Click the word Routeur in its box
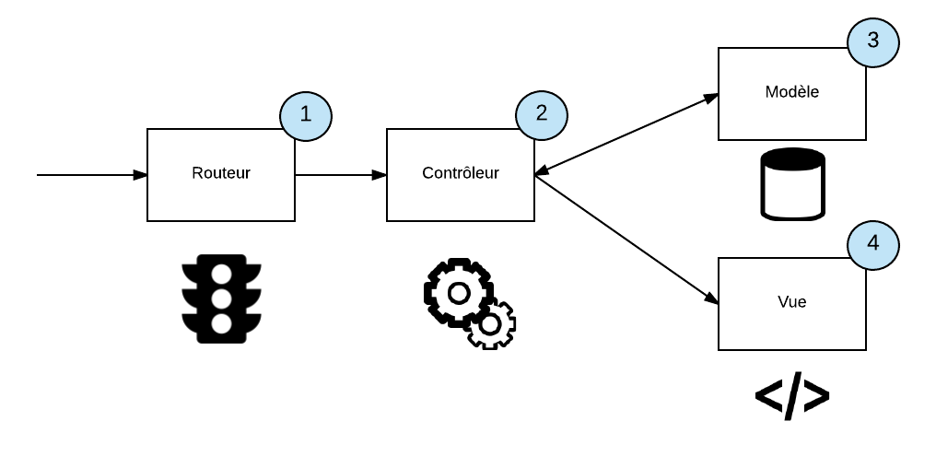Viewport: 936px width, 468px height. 221,173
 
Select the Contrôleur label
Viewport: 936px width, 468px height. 460,173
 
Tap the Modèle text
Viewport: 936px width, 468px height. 791,92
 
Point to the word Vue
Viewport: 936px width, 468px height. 791,301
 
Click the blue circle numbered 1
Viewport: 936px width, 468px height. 305,115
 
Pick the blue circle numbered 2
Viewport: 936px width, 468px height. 542,112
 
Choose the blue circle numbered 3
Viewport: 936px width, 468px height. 873,41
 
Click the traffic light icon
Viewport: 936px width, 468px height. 221,298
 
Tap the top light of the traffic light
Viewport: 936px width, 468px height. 221,275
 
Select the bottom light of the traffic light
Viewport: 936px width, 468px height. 221,322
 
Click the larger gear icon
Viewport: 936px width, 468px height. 458,292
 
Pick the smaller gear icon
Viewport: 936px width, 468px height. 491,324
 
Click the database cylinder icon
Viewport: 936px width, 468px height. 792,184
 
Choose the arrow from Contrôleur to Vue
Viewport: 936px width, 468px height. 626,239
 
